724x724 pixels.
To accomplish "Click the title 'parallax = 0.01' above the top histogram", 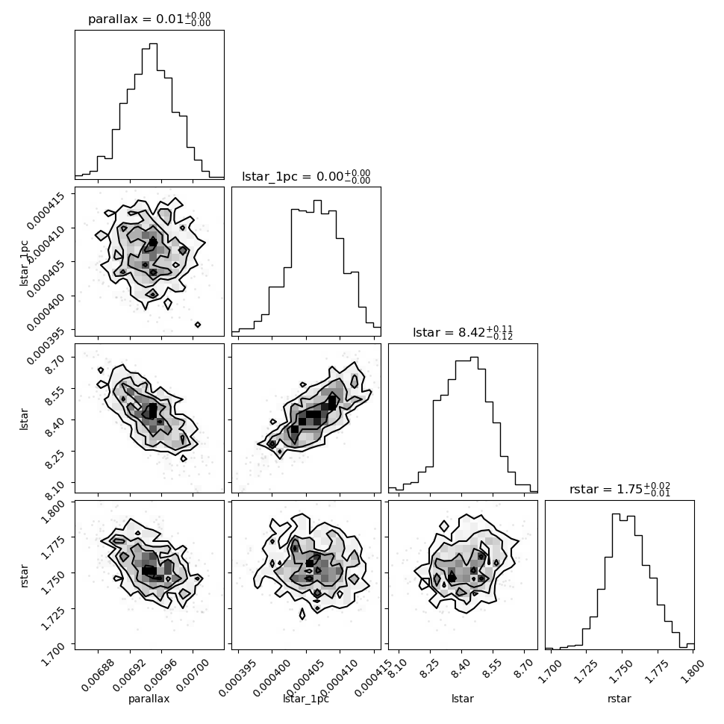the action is pos(136,19).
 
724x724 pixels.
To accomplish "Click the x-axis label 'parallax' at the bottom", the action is pos(149,699).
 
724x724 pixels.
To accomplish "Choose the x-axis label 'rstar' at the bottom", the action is pos(620,698).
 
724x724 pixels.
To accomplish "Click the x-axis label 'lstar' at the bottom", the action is pos(463,698).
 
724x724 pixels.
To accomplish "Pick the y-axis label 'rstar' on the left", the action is pos(25,575).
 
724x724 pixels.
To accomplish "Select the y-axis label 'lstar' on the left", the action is pos(25,419).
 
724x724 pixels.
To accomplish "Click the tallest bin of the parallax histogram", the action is pos(153,110).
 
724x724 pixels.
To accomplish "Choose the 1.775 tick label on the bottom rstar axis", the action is pos(658,671).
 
